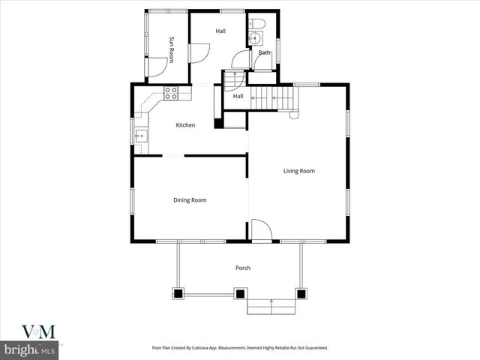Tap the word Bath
(264, 52)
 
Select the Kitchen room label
(185, 125)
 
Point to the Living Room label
(298, 171)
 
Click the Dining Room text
(190, 200)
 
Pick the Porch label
(242, 268)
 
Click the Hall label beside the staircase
(238, 96)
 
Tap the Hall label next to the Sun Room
(220, 31)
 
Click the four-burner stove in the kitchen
(172, 93)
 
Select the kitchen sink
(141, 136)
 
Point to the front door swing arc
(260, 229)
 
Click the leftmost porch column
(179, 292)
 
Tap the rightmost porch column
(301, 292)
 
